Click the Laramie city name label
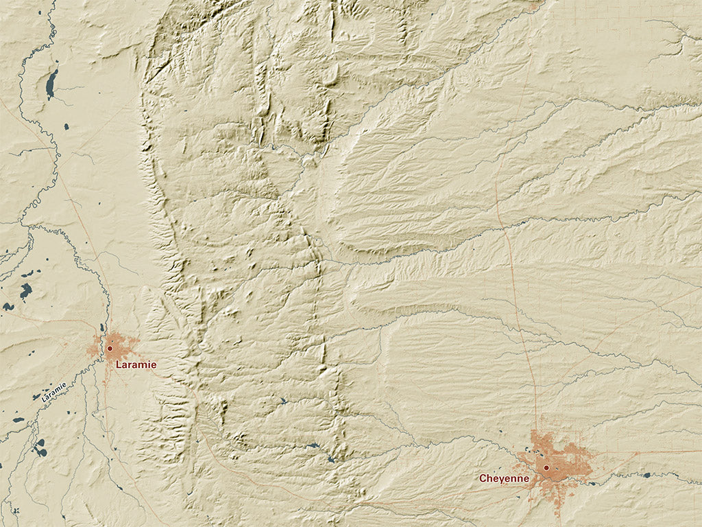(136, 365)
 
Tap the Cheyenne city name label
(504, 478)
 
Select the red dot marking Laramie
(110, 349)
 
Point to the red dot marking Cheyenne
(546, 468)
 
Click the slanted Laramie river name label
(53, 391)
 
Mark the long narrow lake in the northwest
(51, 83)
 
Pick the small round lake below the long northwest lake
(65, 126)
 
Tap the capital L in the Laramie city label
(118, 365)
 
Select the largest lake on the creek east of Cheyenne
(646, 475)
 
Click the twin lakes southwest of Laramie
(40, 448)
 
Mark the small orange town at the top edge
(534, 4)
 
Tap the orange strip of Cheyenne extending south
(559, 504)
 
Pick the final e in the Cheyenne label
(525, 478)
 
